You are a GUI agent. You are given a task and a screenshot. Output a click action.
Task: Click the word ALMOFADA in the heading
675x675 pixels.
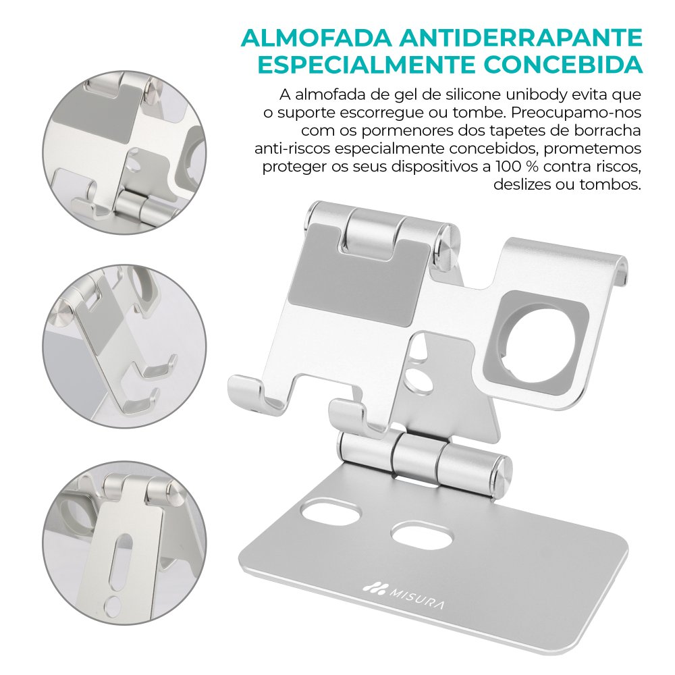[x=317, y=38]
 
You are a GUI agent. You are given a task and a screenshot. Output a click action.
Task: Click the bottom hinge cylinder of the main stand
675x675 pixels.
[x=424, y=459]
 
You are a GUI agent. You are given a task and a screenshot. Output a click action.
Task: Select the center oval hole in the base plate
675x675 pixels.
[x=423, y=535]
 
